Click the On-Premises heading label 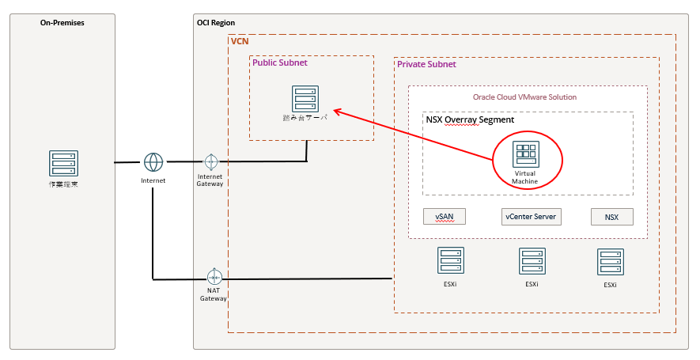(62, 23)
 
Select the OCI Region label (216, 23)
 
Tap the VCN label (239, 40)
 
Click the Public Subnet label (279, 63)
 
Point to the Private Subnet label (426, 64)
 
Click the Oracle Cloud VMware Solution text (524, 97)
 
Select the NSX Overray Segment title (470, 119)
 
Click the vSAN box (445, 216)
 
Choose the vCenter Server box (532, 216)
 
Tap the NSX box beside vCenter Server (611, 216)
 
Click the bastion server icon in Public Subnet (305, 99)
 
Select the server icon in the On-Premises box (62, 164)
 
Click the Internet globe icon (153, 162)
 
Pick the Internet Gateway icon (210, 162)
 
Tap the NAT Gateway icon (214, 277)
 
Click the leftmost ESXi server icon (451, 260)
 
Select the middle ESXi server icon (532, 261)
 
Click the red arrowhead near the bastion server (336, 110)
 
